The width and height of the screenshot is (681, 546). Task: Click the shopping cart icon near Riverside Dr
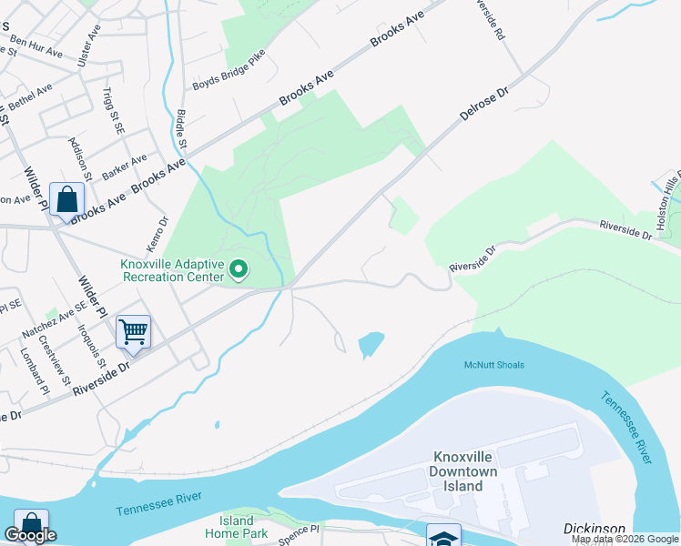(133, 331)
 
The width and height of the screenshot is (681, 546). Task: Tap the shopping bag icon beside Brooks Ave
(67, 198)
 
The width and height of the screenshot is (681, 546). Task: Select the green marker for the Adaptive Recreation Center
(239, 268)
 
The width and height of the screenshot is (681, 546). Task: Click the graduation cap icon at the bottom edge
(443, 537)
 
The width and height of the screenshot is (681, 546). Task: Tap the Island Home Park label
(236, 527)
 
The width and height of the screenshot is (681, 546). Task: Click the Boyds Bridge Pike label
(227, 77)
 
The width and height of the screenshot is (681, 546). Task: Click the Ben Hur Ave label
(36, 46)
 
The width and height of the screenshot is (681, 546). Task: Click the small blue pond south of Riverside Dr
(371, 344)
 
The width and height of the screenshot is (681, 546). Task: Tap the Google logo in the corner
(32, 535)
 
